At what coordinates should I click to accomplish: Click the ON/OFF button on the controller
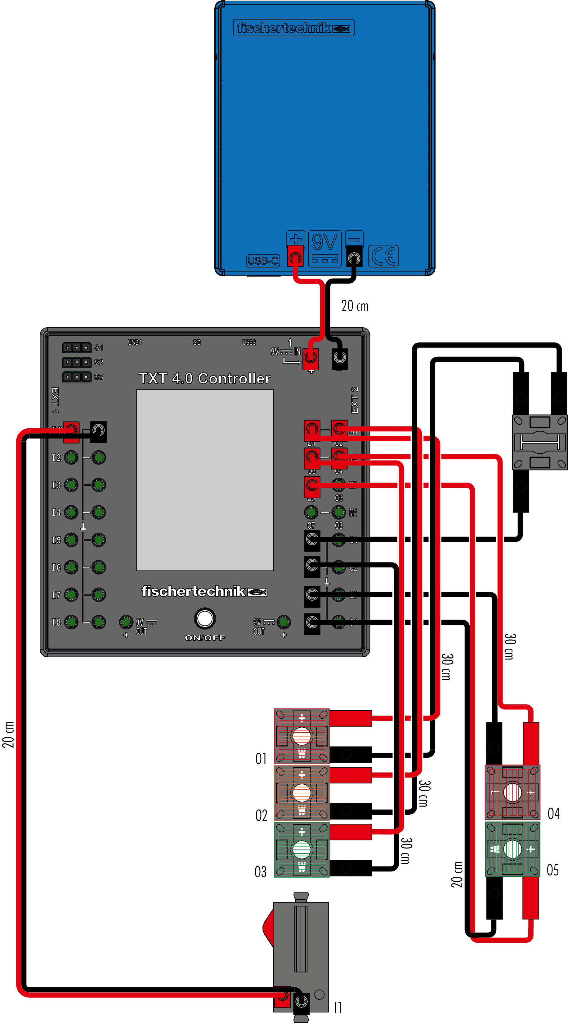(x=205, y=618)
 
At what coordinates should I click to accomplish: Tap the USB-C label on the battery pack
(x=263, y=261)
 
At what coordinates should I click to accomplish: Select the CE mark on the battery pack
(x=383, y=256)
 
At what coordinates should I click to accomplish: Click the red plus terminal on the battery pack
(x=295, y=257)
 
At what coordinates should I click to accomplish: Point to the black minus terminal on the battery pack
(x=354, y=258)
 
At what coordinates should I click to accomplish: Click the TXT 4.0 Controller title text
(x=205, y=378)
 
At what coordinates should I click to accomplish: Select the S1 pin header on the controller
(x=77, y=348)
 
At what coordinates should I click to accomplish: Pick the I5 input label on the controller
(x=56, y=540)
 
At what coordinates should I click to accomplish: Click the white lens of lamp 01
(x=302, y=736)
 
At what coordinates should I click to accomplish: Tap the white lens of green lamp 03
(x=302, y=849)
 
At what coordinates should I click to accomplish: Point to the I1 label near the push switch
(x=338, y=1007)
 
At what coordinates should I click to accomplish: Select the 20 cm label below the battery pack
(x=355, y=306)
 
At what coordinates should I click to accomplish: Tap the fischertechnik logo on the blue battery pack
(x=293, y=28)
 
